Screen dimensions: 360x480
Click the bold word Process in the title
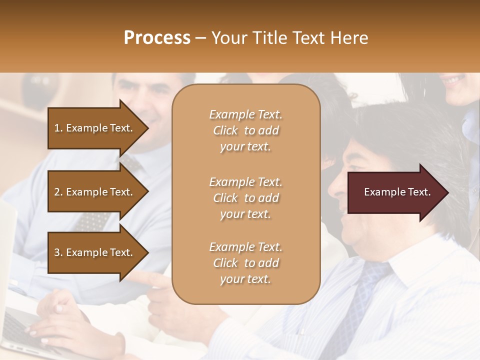tap(157, 37)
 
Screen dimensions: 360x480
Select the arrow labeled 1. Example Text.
tap(95, 128)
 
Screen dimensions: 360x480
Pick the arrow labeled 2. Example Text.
tap(95, 192)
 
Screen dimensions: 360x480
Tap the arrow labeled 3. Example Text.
tap(95, 252)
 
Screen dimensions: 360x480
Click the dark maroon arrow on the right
tap(395, 192)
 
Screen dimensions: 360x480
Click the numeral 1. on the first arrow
tap(58, 128)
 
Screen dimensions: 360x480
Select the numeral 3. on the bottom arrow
tap(58, 252)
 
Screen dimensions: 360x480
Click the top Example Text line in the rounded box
tap(245, 114)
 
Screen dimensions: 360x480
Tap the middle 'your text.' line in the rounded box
tap(245, 214)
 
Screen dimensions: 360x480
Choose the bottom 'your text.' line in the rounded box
tap(245, 279)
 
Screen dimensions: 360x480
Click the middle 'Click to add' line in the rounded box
tap(245, 198)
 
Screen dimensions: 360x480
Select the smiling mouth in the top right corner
tap(455, 80)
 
